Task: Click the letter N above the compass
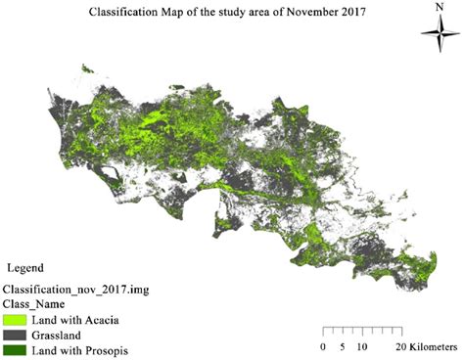point(435,8)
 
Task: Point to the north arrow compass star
point(435,33)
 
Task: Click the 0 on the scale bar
point(324,347)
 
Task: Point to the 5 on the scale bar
point(343,347)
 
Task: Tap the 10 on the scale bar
point(363,347)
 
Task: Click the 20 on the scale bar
point(401,347)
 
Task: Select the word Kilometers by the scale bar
point(434,347)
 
